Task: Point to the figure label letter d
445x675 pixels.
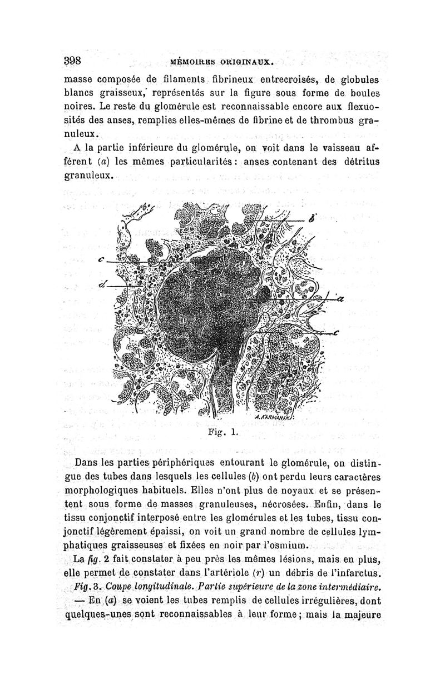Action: click(102, 284)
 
